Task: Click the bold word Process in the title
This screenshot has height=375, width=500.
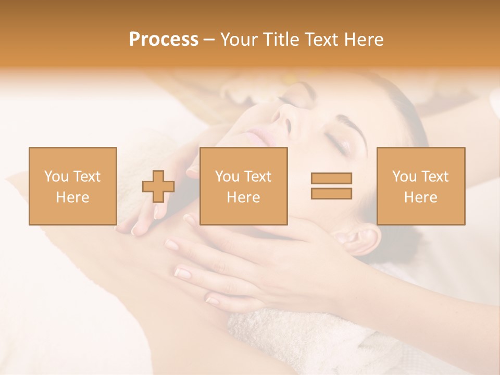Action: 164,40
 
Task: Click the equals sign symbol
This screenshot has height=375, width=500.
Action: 331,186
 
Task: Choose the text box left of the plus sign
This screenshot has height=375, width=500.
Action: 72,186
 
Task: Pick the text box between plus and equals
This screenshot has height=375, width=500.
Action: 243,186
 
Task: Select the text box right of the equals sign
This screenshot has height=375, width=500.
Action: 420,186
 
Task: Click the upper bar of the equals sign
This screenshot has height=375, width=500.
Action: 331,179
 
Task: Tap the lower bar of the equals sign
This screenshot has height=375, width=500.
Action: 331,193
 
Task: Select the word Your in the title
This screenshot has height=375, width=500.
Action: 239,40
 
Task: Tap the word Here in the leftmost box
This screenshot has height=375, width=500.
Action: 72,197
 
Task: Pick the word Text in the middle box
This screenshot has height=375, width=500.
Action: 258,177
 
